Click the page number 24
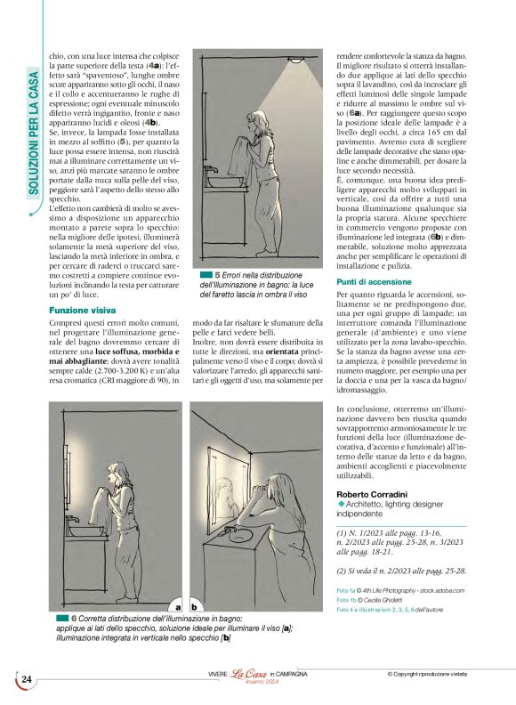click(x=26, y=679)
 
